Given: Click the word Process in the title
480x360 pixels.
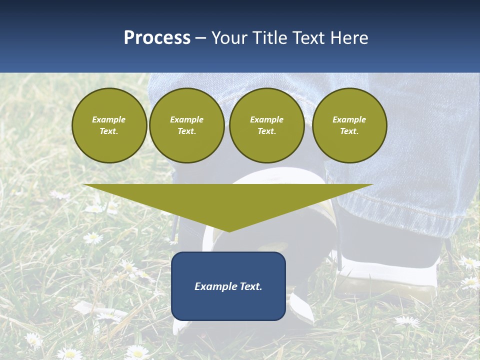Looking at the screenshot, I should point(157,38).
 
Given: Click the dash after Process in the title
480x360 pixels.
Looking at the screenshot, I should point(200,38).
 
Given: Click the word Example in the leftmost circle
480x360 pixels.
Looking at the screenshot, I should point(109,119).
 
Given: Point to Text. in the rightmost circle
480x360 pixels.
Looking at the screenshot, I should point(349,131).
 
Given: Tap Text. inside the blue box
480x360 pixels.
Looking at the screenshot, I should point(251,286).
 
